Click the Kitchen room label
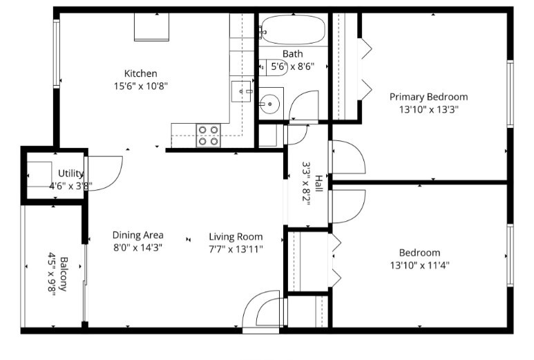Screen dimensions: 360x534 tap(141, 73)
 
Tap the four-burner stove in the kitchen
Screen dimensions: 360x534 tap(208, 135)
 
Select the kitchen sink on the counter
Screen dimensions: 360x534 tap(241, 91)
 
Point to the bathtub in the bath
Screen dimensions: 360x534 tap(293, 30)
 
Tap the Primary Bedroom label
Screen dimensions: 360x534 tap(428, 97)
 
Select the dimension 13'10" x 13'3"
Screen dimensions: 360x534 tap(428, 109)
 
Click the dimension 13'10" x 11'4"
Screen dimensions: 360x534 tap(419, 265)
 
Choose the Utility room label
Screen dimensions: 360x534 tap(71, 173)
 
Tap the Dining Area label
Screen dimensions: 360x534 tap(137, 235)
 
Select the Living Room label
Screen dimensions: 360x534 tap(236, 235)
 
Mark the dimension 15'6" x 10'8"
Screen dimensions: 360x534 tap(141, 86)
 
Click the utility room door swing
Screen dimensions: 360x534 tap(106, 173)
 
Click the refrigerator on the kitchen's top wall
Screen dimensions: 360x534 tap(151, 28)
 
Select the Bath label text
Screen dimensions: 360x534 tap(292, 54)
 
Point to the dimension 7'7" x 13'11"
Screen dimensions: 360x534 tap(236, 248)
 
